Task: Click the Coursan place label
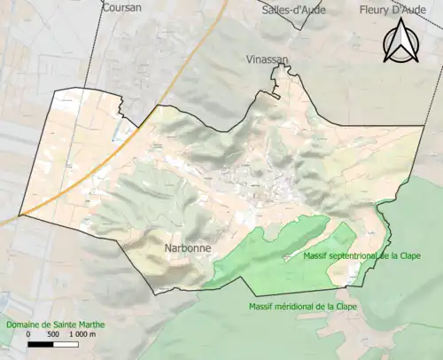122,7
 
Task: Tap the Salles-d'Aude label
294,10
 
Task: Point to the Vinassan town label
267,59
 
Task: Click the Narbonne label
188,248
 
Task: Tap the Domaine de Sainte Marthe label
54,325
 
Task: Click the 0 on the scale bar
28,336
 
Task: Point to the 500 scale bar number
53,336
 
